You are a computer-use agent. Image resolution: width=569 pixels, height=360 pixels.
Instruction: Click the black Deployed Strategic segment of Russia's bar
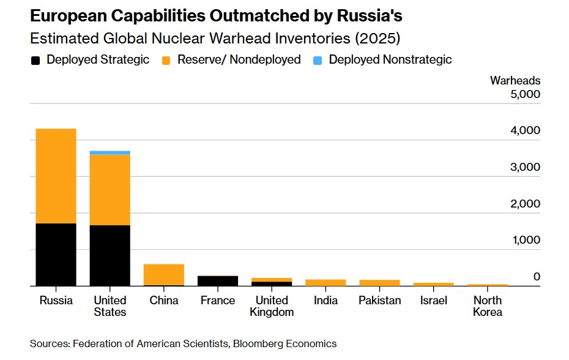point(55,255)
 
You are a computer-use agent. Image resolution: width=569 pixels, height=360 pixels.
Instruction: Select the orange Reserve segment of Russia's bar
point(55,176)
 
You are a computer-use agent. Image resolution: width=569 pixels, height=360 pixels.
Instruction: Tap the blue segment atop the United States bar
point(110,152)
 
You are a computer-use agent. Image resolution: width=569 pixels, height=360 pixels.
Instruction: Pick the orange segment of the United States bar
point(110,190)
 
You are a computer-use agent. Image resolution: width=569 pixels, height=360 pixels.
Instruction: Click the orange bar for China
point(163,274)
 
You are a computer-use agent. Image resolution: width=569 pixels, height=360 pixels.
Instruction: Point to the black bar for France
point(217,281)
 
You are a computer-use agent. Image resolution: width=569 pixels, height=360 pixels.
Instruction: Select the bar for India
point(325,283)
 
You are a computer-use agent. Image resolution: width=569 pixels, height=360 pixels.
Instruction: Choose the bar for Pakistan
point(379,283)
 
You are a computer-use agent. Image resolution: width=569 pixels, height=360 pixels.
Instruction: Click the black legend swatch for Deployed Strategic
point(36,60)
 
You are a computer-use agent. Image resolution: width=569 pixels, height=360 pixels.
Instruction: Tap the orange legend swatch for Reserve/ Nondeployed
point(166,60)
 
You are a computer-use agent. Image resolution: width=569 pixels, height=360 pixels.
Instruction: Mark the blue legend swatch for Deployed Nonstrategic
point(318,60)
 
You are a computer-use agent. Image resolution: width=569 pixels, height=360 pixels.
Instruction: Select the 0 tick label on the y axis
point(536,277)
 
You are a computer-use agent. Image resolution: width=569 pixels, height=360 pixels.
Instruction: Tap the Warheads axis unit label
point(515,80)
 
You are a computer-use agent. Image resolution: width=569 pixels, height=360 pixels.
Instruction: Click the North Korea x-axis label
point(488,306)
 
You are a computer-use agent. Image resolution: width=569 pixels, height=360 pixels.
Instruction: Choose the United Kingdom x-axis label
point(271,306)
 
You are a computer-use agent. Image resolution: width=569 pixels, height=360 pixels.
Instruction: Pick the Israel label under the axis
point(434,301)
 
